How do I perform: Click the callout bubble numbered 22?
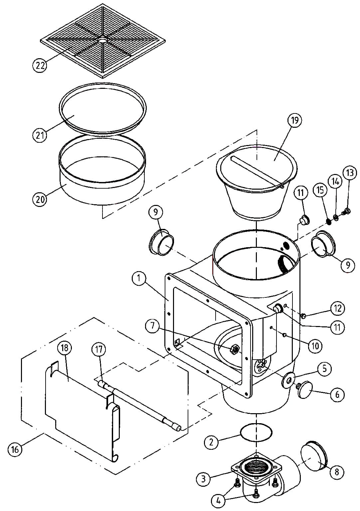pyautogui.click(x=39, y=66)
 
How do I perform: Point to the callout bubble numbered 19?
pyautogui.click(x=295, y=120)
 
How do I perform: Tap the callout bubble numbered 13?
pyautogui.click(x=350, y=173)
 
